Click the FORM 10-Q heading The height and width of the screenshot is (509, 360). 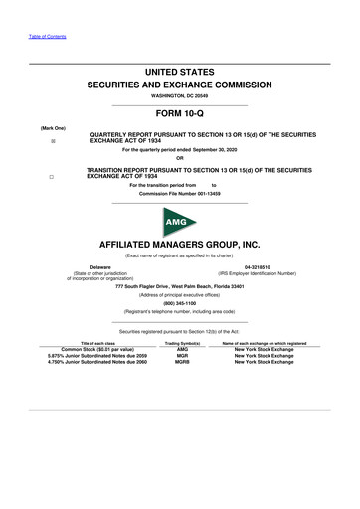(x=180, y=114)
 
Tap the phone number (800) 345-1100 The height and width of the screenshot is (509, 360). (x=180, y=303)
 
